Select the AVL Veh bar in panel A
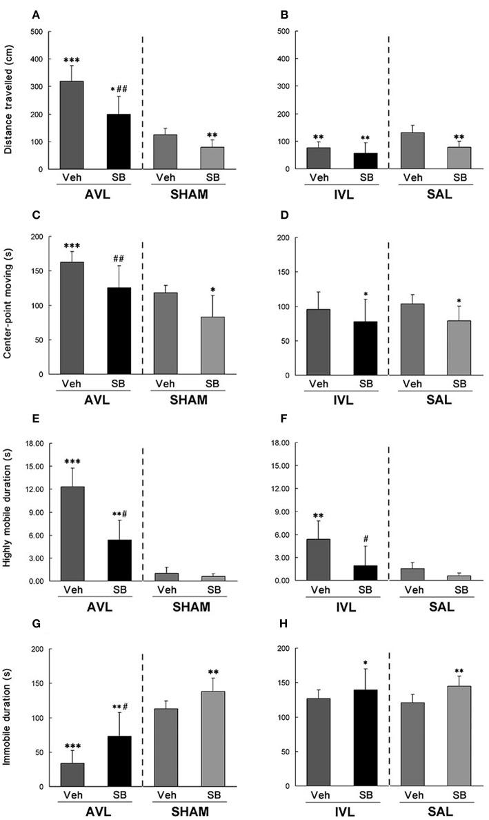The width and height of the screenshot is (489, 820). click(x=71, y=125)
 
